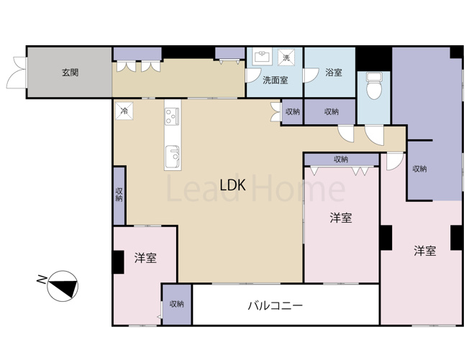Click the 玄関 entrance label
[70, 72]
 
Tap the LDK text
[233, 185]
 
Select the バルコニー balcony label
[276, 305]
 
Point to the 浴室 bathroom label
[333, 72]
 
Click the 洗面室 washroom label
[275, 80]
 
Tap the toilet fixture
[373, 87]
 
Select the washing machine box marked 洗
[286, 57]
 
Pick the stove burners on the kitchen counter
[173, 114]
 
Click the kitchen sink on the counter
[173, 155]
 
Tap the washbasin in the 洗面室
[263, 56]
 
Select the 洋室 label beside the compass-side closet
[146, 259]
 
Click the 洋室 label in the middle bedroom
[341, 218]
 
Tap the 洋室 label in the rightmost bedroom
[424, 251]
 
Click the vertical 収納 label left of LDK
[119, 195]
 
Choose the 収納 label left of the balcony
[177, 304]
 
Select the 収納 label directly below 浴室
[331, 111]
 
